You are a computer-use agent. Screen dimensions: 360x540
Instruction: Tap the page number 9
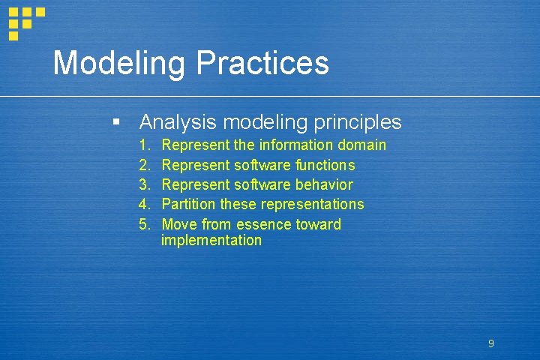coord(490,343)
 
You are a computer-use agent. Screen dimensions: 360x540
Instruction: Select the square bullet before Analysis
coord(115,121)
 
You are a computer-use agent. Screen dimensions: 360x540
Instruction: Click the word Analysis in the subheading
coord(177,122)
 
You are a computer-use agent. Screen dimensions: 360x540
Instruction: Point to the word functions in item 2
coord(325,165)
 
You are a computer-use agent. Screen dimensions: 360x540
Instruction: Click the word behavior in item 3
coord(324,184)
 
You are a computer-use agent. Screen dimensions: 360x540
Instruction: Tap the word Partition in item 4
coord(187,205)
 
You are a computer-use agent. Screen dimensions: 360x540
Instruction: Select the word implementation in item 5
coord(211,241)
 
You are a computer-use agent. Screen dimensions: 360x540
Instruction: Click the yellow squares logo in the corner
coord(24,21)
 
